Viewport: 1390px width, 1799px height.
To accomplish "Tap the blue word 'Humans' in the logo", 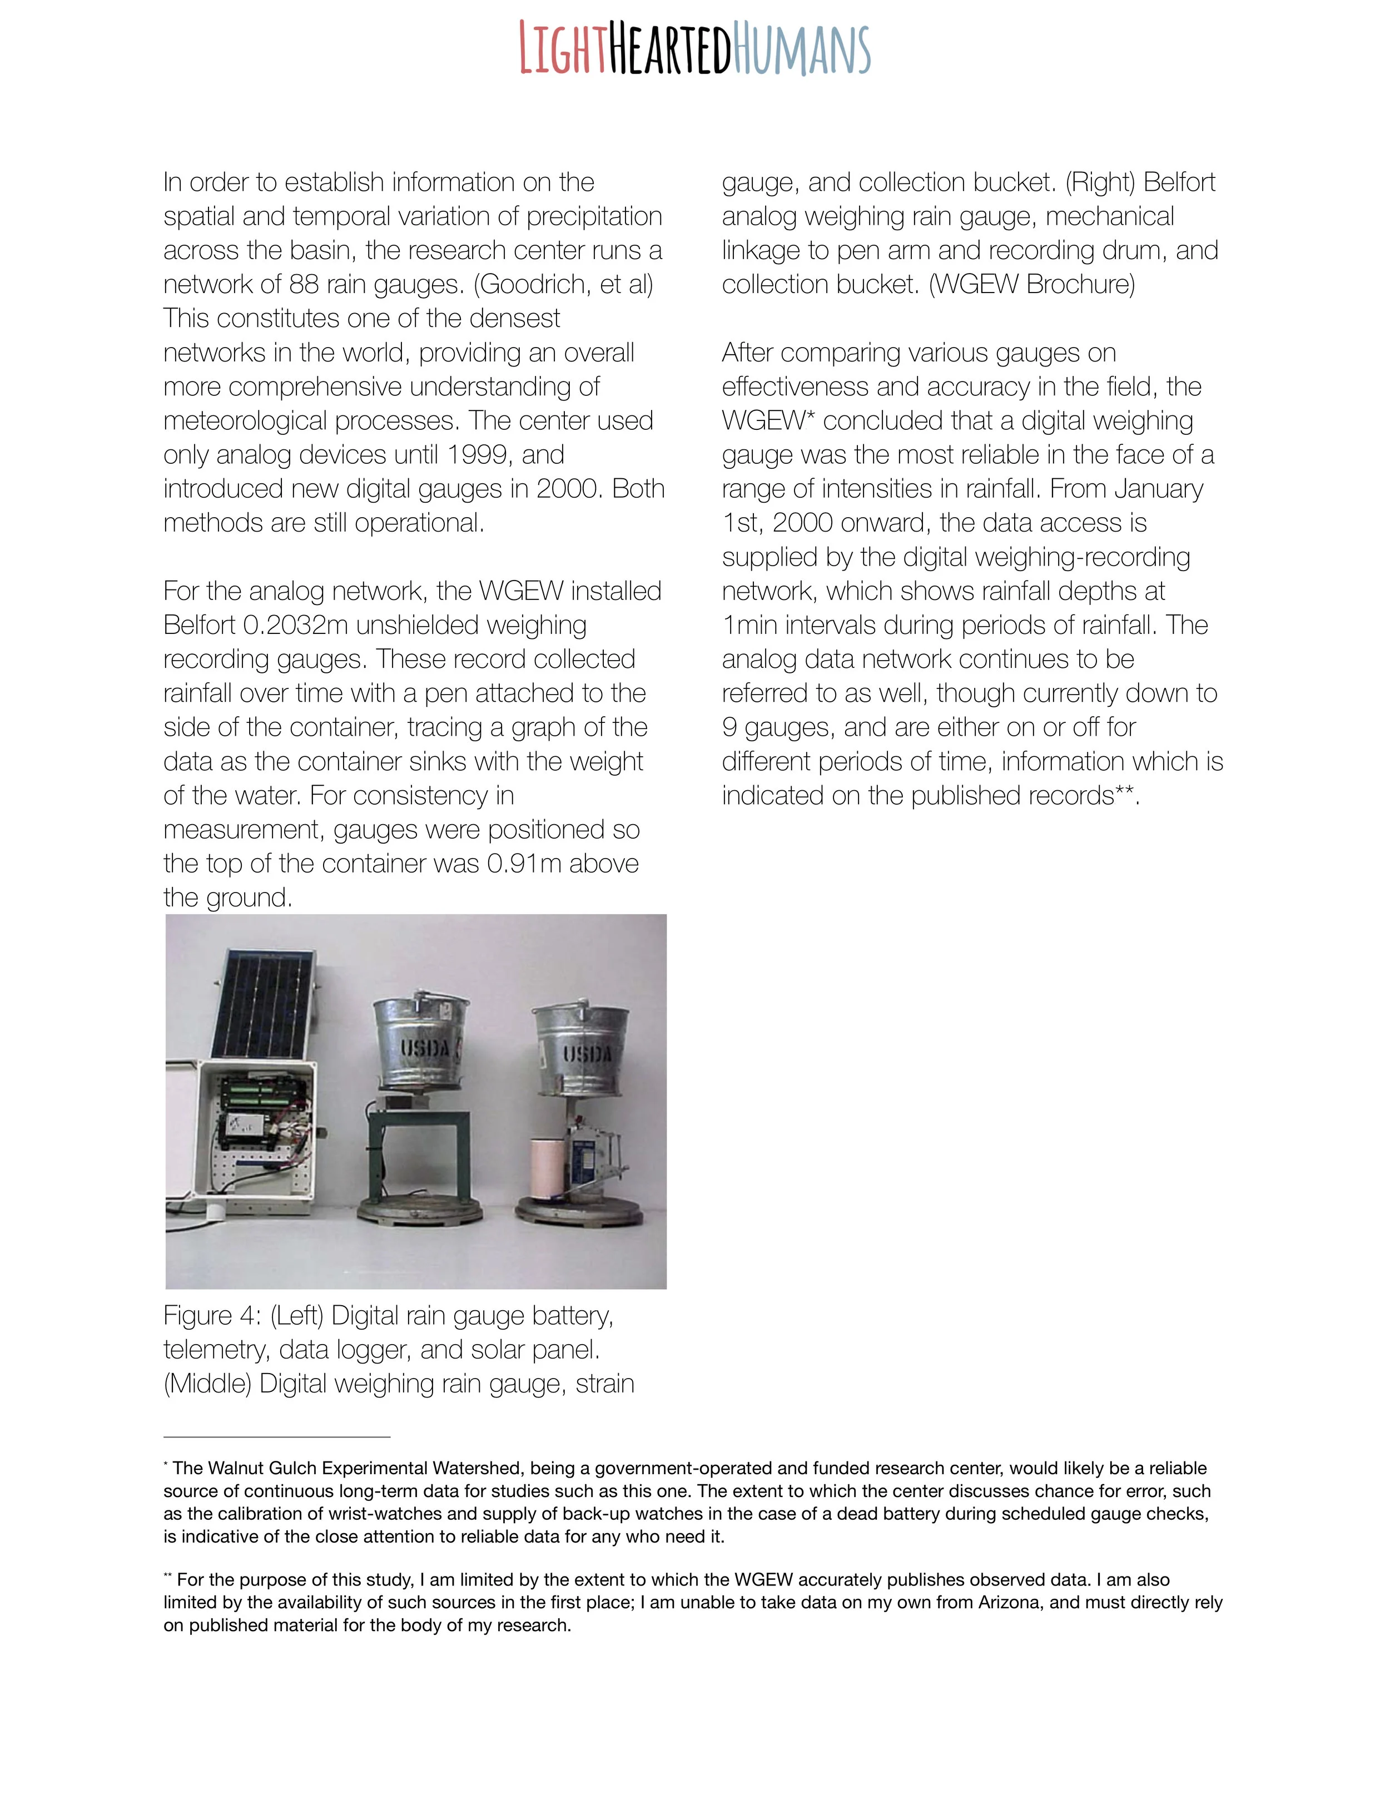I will (801, 51).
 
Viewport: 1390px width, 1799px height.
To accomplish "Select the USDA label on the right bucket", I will (588, 1053).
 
